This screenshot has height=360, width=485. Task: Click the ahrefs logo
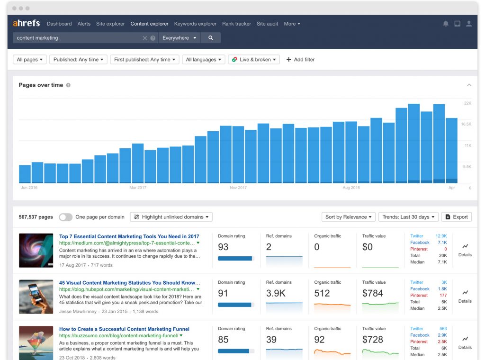26,23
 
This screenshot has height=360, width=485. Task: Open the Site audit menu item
268,24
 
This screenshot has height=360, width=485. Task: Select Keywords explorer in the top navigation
195,24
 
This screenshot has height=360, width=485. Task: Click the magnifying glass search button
211,38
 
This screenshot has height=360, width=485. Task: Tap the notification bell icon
446,24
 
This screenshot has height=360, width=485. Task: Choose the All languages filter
204,60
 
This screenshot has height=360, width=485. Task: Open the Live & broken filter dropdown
254,60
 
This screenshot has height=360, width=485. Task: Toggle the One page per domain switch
66,217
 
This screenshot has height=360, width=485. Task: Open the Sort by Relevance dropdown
349,217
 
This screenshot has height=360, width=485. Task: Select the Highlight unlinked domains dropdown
171,217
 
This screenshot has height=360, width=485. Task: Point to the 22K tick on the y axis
467,103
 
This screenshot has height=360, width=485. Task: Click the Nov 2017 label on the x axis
238,188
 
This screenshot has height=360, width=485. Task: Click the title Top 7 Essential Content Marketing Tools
129,236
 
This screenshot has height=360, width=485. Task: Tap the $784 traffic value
372,293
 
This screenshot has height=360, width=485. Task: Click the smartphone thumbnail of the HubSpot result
36,297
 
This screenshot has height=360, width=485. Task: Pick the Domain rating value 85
223,340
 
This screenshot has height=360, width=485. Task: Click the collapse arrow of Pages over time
469,85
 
